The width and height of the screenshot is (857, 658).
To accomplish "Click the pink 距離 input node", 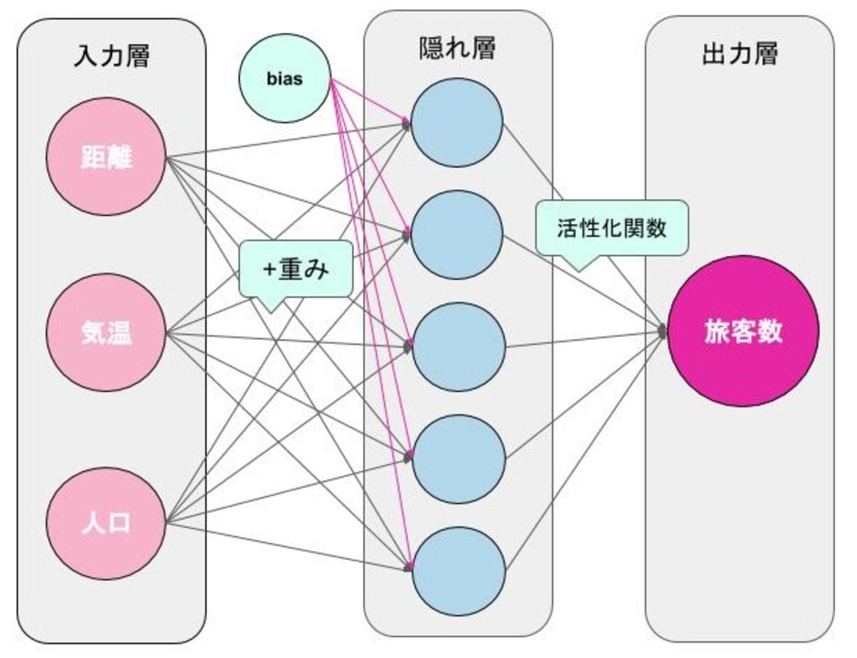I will [105, 157].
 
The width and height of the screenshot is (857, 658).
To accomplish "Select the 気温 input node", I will [105, 333].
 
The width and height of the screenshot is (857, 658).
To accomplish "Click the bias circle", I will [284, 78].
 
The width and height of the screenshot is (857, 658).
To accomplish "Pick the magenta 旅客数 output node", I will [743, 331].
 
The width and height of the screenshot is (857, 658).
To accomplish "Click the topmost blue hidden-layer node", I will [457, 122].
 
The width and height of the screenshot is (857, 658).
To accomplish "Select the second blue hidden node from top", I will [457, 234].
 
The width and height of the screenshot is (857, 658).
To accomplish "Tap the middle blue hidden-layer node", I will [458, 346].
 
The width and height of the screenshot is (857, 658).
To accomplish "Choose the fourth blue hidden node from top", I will [458, 458].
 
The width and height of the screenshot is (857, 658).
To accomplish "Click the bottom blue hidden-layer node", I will [458, 570].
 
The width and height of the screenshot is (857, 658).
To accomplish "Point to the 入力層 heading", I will [111, 55].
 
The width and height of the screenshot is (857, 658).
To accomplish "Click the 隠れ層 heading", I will [458, 48].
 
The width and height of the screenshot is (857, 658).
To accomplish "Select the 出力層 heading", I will [740, 53].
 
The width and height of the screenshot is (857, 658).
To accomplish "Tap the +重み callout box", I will [295, 269].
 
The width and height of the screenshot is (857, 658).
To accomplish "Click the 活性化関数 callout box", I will [612, 228].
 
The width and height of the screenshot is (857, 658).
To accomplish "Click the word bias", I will [284, 79].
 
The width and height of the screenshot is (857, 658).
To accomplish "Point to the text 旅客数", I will [743, 331].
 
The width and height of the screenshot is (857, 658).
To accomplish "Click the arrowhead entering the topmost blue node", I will [407, 123].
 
